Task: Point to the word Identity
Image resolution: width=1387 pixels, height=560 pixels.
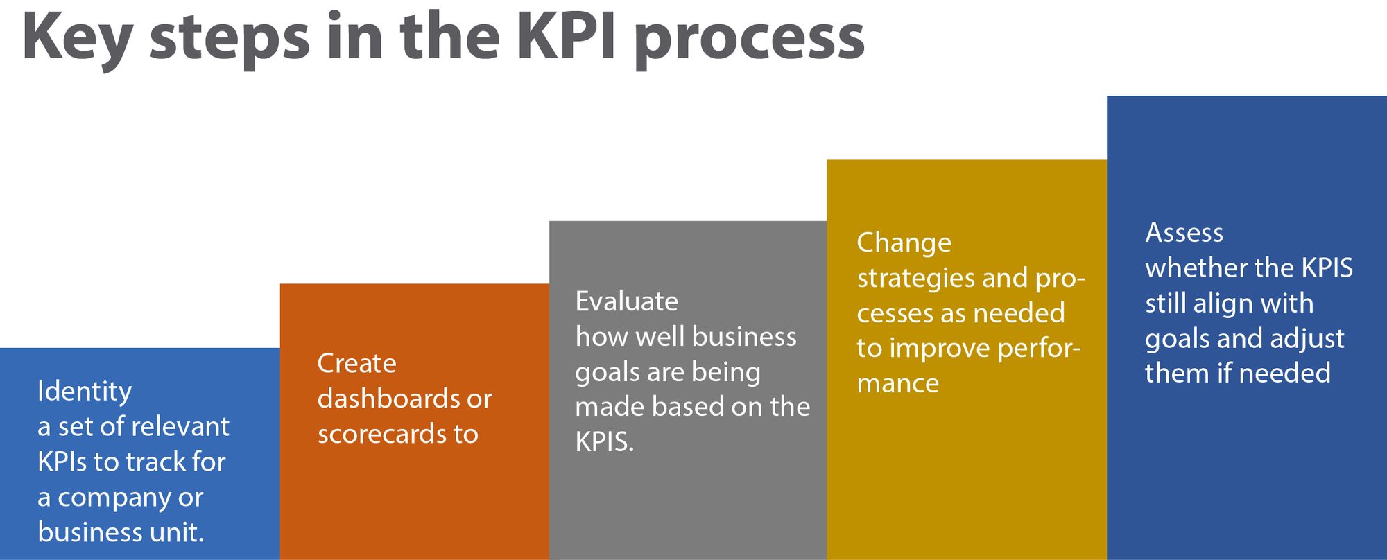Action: tap(85, 392)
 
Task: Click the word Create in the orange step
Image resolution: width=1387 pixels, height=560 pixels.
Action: tap(357, 363)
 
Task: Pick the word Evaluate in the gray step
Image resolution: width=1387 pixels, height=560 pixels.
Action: tap(627, 301)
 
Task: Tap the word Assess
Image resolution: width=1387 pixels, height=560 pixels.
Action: tap(1184, 233)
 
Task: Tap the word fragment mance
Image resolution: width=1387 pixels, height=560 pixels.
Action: tap(898, 383)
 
